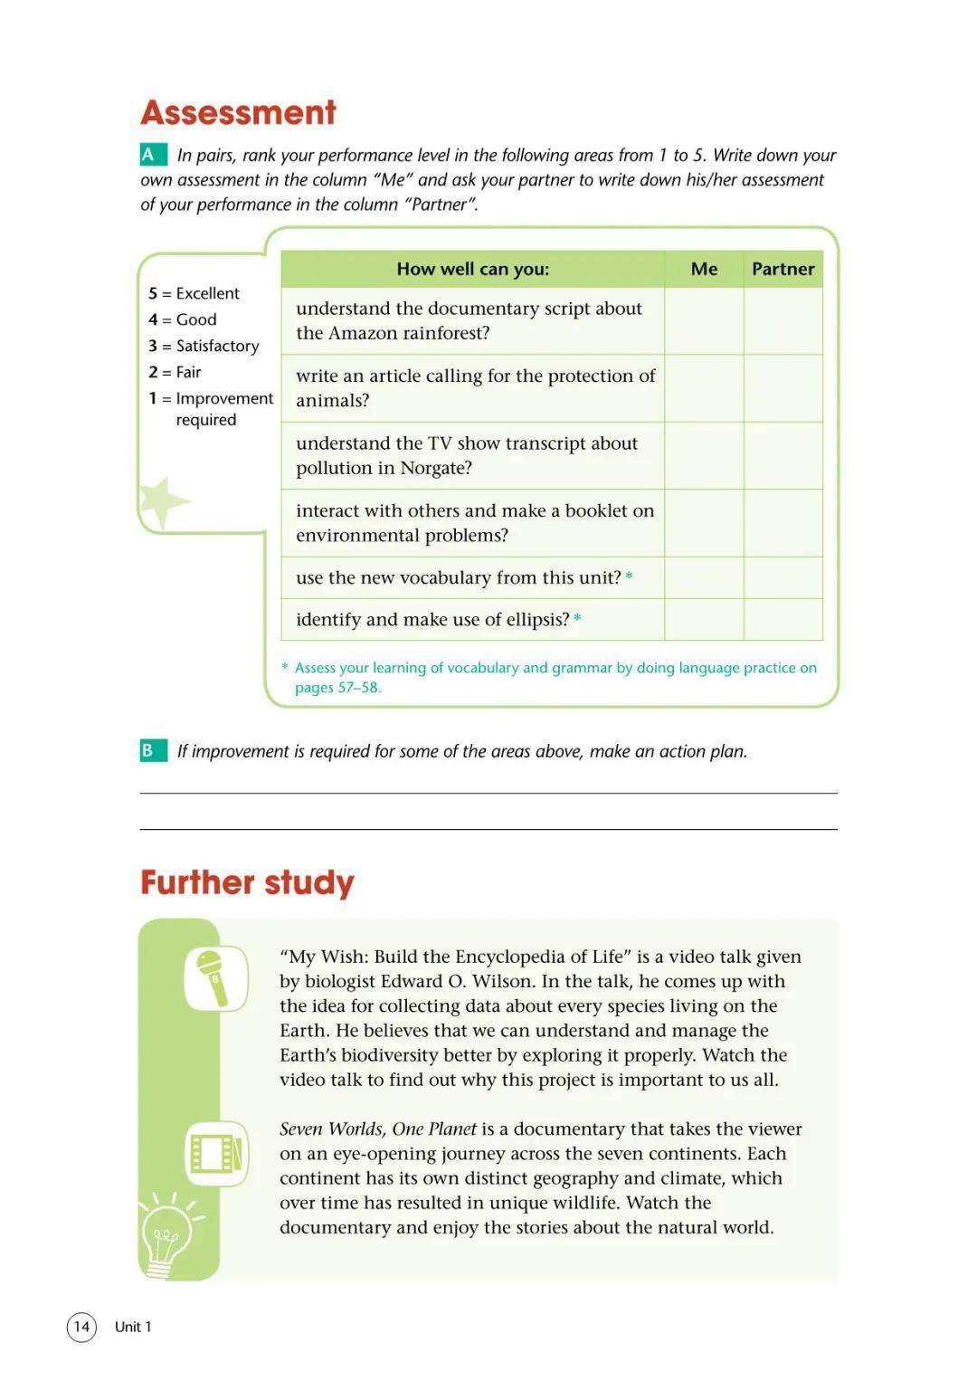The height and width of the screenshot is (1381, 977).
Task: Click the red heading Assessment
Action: tap(238, 112)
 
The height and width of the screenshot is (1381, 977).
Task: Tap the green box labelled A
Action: tap(149, 155)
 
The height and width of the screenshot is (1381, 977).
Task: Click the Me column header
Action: tap(704, 269)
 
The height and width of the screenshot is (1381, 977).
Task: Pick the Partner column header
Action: tap(783, 269)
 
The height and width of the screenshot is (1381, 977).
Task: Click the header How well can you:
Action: tap(472, 269)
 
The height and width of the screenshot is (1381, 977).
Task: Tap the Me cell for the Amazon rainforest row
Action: tap(704, 320)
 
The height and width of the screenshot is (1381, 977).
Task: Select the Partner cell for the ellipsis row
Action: tap(783, 619)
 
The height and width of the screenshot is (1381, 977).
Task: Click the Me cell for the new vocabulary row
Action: tap(704, 577)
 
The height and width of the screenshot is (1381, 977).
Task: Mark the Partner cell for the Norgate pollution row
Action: tap(783, 455)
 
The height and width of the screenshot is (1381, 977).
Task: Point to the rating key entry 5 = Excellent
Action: tap(194, 293)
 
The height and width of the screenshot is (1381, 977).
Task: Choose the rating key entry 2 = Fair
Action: tap(175, 372)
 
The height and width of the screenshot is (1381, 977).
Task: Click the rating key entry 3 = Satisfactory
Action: tap(204, 346)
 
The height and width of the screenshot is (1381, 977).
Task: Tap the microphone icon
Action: tap(215, 977)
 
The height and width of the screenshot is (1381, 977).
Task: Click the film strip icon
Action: tap(216, 1154)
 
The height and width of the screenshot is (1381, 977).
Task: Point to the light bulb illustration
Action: tap(168, 1235)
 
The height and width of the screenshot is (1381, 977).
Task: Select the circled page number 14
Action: tap(81, 1327)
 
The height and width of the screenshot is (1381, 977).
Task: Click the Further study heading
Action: tap(247, 882)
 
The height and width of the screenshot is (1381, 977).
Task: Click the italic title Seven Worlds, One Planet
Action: tap(378, 1129)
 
